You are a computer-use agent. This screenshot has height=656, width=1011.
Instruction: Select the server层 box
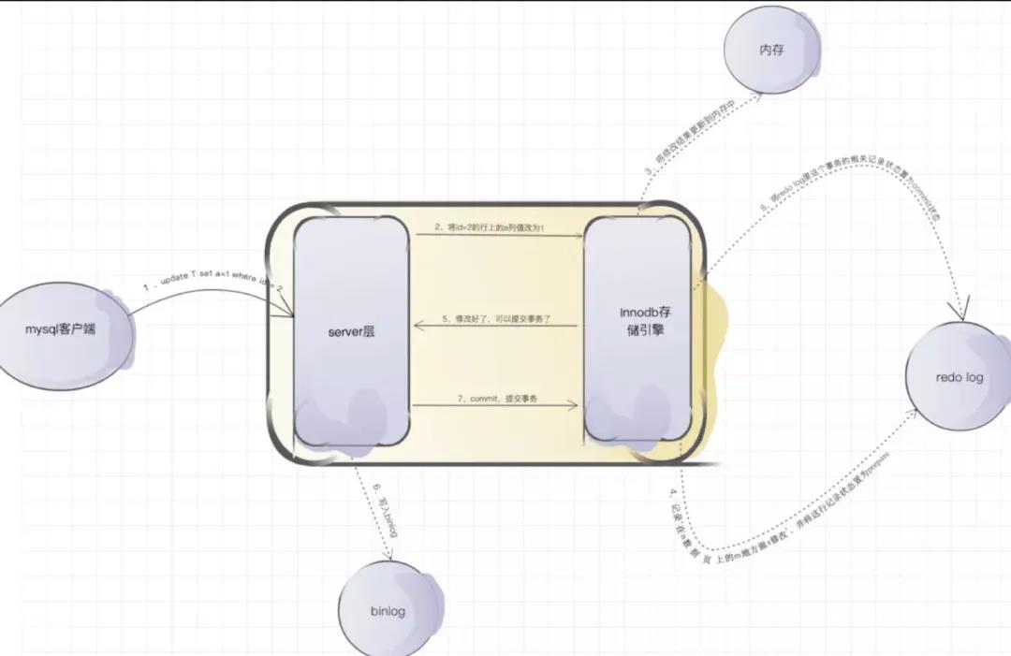pos(351,332)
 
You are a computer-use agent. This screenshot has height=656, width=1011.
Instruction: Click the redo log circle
pos(959,376)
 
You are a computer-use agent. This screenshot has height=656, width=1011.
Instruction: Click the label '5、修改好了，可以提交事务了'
pos(496,319)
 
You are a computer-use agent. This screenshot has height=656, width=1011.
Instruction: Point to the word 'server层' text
pos(351,331)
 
